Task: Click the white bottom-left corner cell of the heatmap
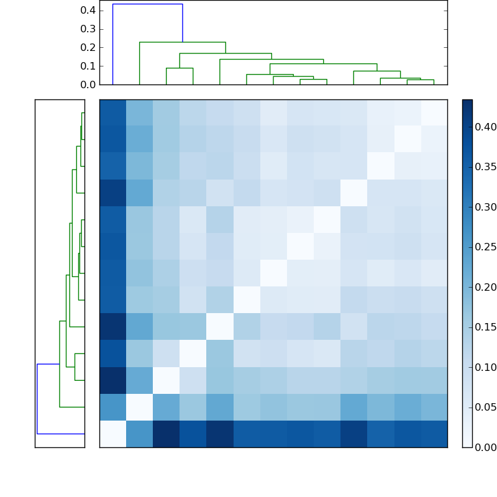(112, 434)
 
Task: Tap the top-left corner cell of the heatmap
(112, 112)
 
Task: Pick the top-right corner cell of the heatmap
(434, 112)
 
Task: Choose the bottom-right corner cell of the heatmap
(434, 434)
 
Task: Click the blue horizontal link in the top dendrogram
(147, 4)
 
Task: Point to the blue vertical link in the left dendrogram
(37, 398)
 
